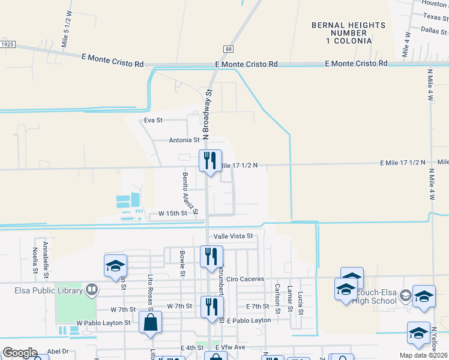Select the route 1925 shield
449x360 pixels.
click(7, 44)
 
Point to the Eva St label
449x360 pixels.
click(153, 120)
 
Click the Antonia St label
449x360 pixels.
click(184, 140)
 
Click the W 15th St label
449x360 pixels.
click(173, 214)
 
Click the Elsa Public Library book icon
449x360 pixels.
click(91, 290)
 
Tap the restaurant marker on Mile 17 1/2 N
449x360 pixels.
click(210, 160)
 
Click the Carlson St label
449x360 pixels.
click(277, 298)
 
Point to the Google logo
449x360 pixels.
click(19, 353)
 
